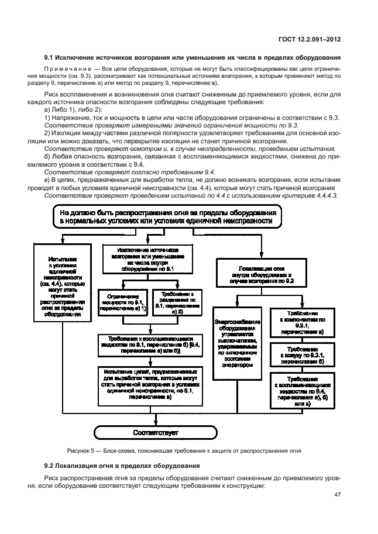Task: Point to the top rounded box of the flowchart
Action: (170, 218)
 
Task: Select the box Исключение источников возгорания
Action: (144, 258)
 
